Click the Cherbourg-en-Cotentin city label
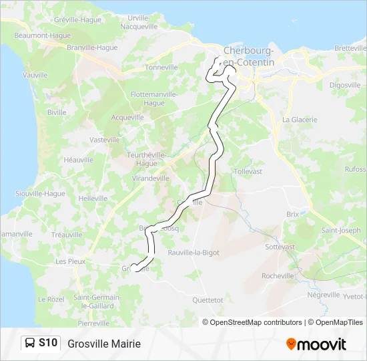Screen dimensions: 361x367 click(x=249, y=56)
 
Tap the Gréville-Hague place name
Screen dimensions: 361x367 click(x=77, y=20)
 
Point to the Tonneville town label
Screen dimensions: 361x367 click(x=161, y=68)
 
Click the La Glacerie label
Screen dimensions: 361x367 click(x=300, y=120)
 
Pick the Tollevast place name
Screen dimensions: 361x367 click(x=249, y=171)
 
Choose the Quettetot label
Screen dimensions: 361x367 click(x=207, y=300)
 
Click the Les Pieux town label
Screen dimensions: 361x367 click(x=71, y=261)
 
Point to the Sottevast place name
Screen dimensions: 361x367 click(x=280, y=247)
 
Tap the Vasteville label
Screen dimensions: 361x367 click(x=105, y=140)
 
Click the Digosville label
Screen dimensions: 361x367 click(x=345, y=85)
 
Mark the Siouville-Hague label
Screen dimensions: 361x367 click(x=40, y=193)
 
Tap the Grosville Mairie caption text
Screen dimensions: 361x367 click(x=104, y=344)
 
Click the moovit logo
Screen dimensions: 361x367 click(x=316, y=344)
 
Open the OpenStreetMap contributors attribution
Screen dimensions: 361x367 click(x=253, y=322)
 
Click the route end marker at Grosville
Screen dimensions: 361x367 click(x=133, y=268)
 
